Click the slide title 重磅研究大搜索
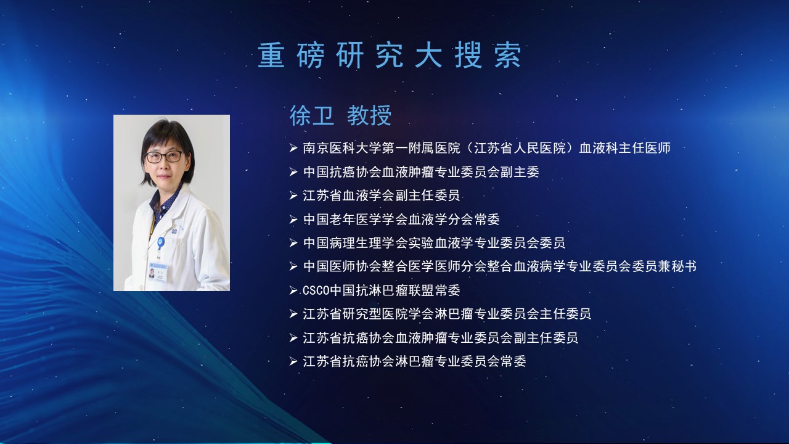(x=390, y=55)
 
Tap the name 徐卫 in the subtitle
(x=312, y=115)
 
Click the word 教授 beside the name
(x=369, y=115)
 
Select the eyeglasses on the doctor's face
(x=165, y=157)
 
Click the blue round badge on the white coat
(x=161, y=242)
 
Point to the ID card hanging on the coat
(x=157, y=271)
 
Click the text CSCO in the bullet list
(x=316, y=290)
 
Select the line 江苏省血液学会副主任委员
(x=381, y=195)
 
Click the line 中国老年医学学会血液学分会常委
(x=401, y=219)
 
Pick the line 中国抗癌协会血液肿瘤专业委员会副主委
(x=421, y=172)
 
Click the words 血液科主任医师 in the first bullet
(x=625, y=148)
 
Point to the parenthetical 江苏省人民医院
(x=519, y=148)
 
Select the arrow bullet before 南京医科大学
(x=293, y=148)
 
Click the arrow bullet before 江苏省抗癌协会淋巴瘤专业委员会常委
(x=293, y=361)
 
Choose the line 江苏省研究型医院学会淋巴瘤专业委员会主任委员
(x=447, y=314)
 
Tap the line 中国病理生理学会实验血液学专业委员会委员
(x=434, y=243)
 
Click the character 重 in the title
(x=271, y=55)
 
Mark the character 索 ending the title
(x=508, y=55)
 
